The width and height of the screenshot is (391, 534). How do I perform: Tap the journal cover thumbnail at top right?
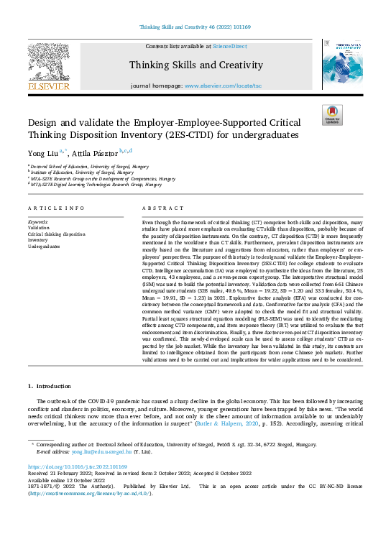click(x=341, y=67)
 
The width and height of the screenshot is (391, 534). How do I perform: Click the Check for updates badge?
click(x=332, y=116)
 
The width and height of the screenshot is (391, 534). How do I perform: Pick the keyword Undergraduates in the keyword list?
click(x=45, y=247)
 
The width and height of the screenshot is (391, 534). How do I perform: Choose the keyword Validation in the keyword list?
click(x=40, y=228)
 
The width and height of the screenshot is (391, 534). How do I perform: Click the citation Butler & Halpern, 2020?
click(x=222, y=424)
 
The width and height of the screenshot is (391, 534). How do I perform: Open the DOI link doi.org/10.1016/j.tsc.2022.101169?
click(x=78, y=468)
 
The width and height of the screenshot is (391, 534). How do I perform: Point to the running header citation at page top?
click(x=195, y=28)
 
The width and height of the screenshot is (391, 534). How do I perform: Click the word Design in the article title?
click(x=45, y=123)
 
